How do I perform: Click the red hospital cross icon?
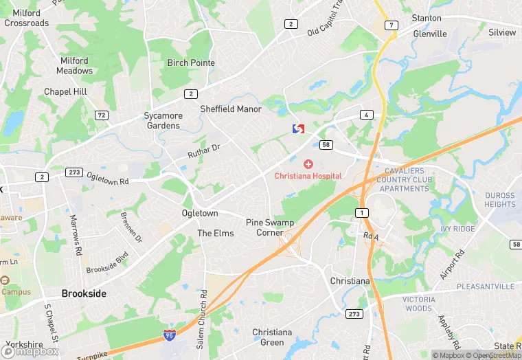[x=308, y=164]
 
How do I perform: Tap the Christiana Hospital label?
[x=308, y=176]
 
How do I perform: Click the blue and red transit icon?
[x=298, y=128]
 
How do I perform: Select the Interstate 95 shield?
[x=169, y=335]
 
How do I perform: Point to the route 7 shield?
[x=391, y=25]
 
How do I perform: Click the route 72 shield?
[x=102, y=115]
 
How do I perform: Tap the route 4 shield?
[x=367, y=115]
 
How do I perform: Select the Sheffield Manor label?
[x=231, y=109]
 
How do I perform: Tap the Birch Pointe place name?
[x=191, y=63]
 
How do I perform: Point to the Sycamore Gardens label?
[x=163, y=121]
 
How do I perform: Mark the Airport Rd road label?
[x=453, y=264]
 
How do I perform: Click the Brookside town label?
[x=84, y=293]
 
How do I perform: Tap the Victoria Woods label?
[x=418, y=304]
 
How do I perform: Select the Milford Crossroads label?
[x=27, y=18]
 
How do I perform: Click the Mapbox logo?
[x=33, y=351]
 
